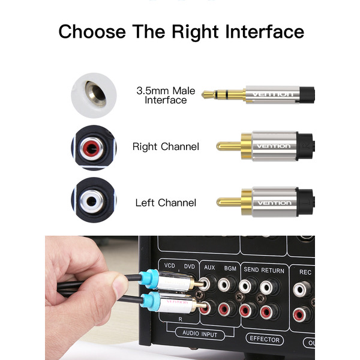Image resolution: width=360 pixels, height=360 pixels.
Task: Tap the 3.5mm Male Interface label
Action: click(166, 95)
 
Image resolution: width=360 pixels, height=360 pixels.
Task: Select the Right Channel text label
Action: click(166, 146)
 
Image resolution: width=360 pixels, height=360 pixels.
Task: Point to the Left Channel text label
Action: click(166, 203)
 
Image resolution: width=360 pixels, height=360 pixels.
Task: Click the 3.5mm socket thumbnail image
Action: click(93, 94)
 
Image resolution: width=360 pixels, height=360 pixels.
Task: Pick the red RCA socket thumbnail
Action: click(93, 146)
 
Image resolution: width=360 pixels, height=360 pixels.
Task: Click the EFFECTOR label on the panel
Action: click(265, 339)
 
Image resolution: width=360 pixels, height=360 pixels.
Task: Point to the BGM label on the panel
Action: click(230, 269)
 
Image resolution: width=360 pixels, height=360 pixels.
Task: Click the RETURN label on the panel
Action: click(272, 270)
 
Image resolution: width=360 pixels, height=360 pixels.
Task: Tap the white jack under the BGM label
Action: click(227, 285)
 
